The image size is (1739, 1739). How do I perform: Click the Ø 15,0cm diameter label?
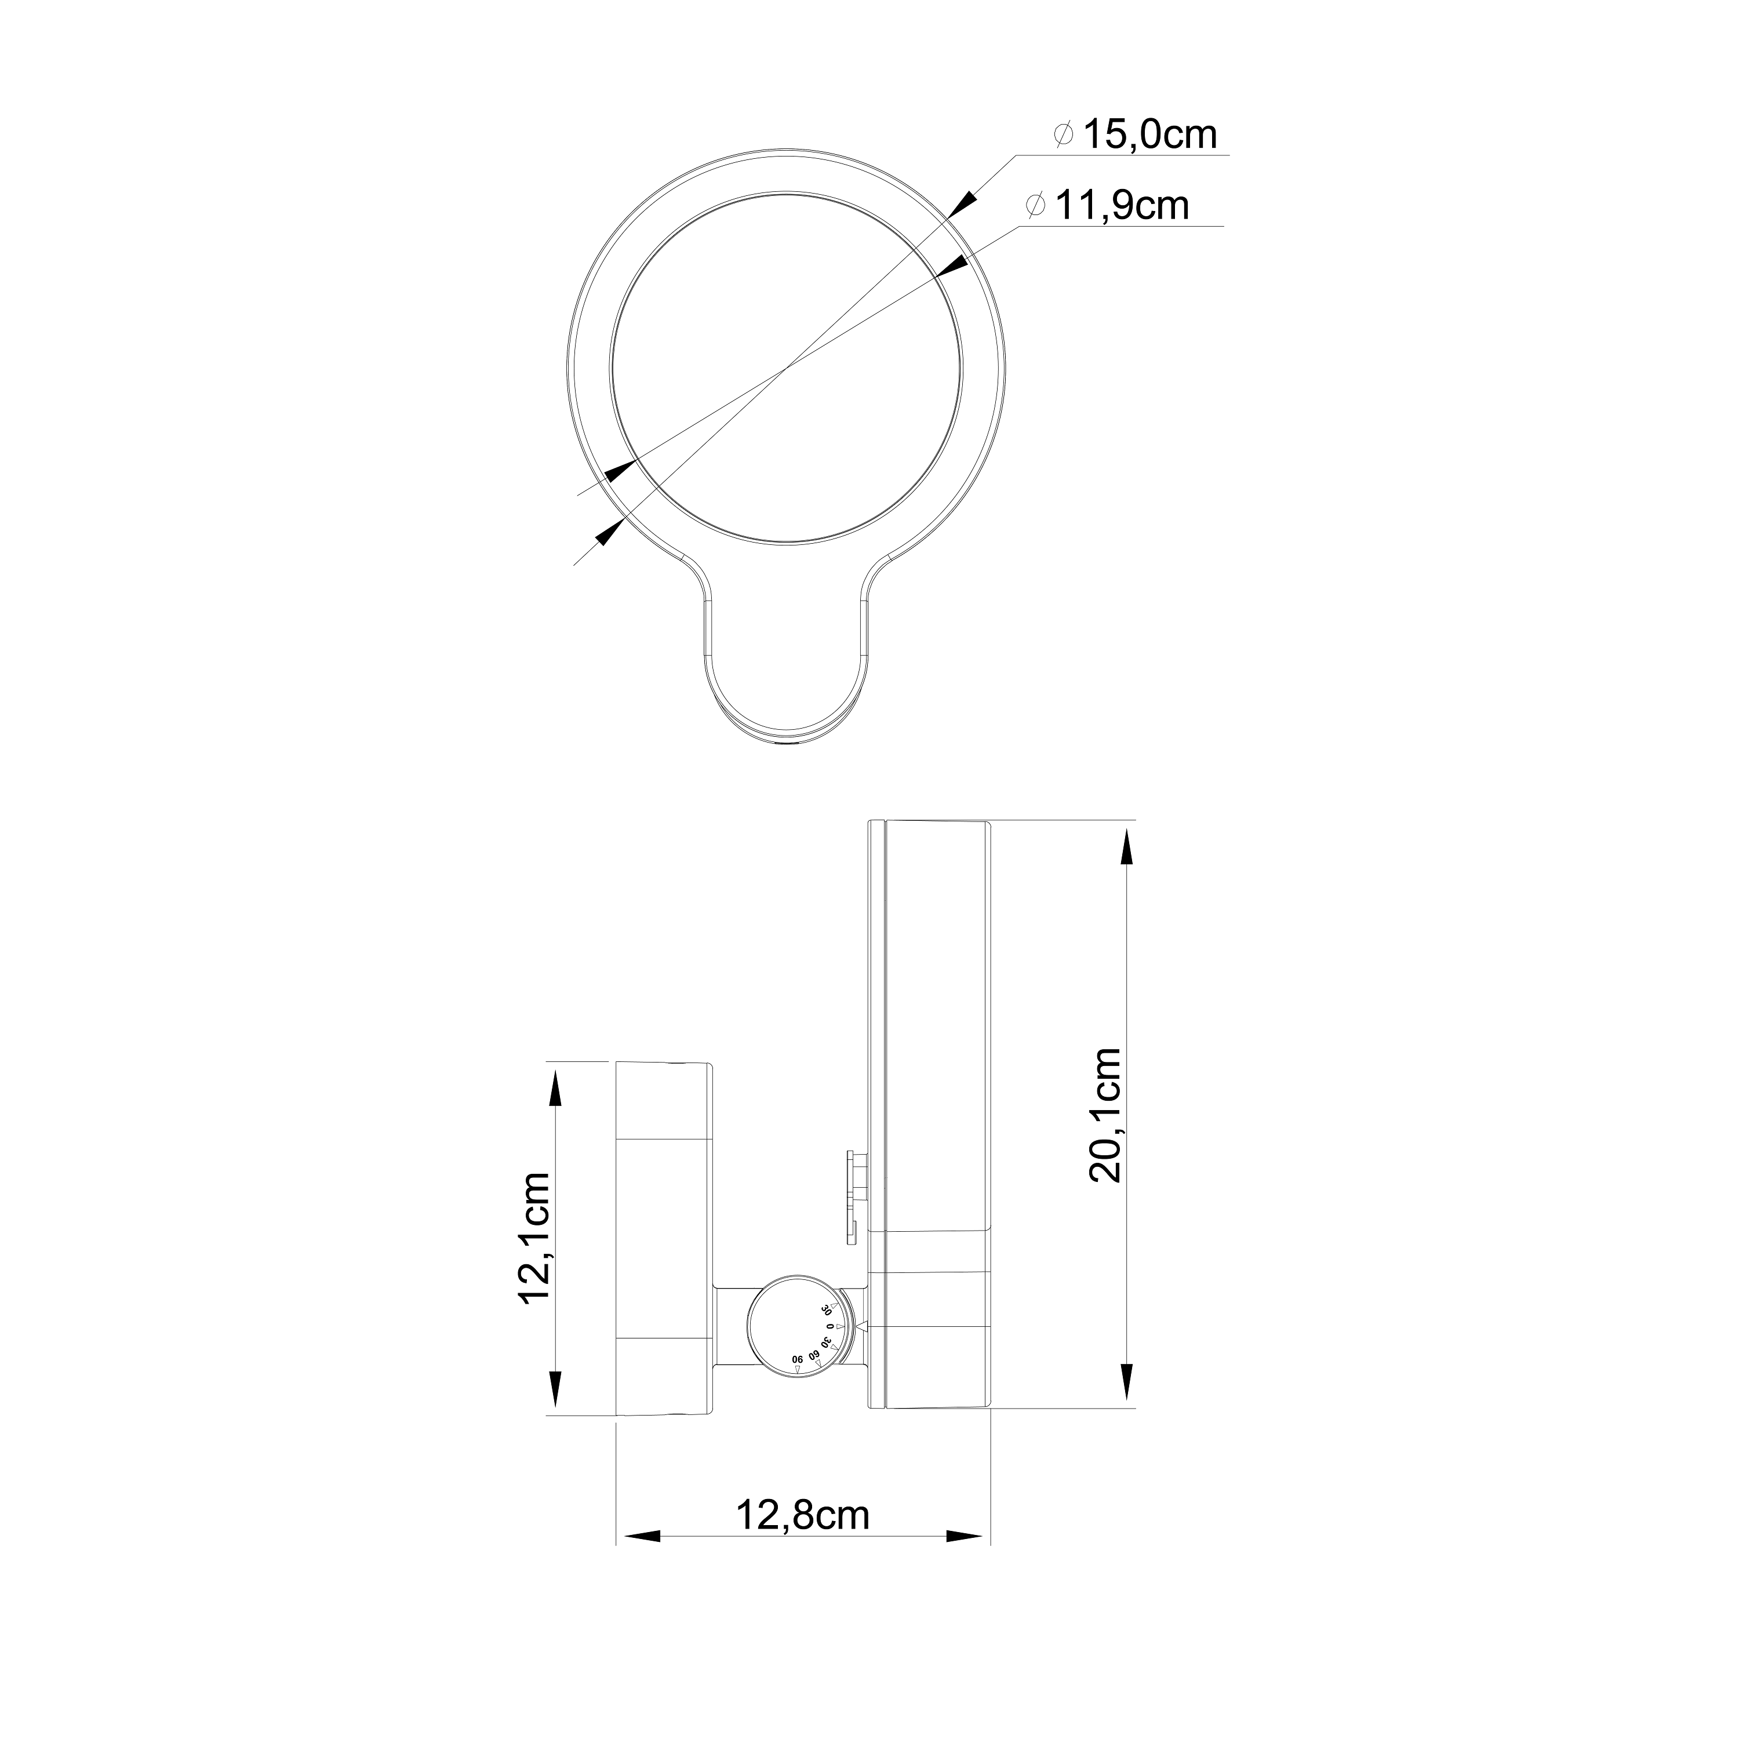[1137, 136]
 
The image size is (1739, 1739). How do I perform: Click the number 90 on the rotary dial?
[798, 1360]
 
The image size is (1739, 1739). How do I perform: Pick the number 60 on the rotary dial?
[814, 1356]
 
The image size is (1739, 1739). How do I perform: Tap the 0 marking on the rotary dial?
[831, 1327]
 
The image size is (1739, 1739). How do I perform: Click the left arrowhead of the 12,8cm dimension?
[641, 1537]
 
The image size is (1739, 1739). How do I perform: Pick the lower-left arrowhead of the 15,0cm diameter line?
[610, 534]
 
